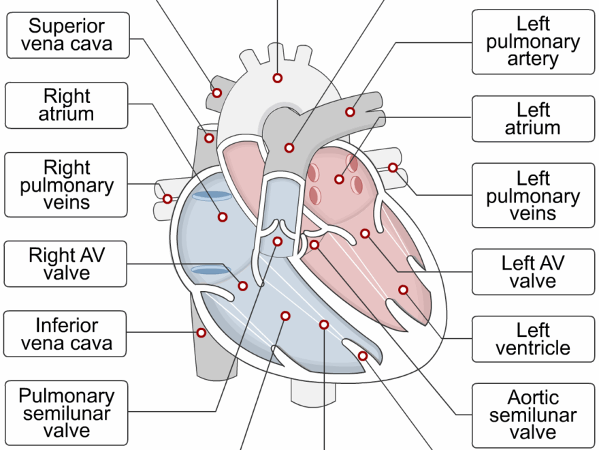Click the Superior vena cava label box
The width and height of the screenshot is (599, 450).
click(67, 35)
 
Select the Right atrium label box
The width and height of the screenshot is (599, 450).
click(67, 105)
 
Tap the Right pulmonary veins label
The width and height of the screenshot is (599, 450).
click(67, 185)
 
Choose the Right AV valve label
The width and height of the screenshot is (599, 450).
click(67, 264)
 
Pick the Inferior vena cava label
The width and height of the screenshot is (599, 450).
click(67, 333)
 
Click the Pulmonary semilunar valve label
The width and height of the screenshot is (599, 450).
click(67, 413)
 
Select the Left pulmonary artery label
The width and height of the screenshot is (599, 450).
click(533, 42)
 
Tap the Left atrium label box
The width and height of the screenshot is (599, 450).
click(533, 119)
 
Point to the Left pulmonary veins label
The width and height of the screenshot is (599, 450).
click(533, 196)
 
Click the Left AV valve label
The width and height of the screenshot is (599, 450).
click(533, 271)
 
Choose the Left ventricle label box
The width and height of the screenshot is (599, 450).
click(533, 339)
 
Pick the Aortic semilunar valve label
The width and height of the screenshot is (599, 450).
click(533, 415)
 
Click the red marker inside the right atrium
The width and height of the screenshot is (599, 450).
click(222, 217)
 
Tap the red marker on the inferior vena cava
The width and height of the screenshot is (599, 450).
click(201, 333)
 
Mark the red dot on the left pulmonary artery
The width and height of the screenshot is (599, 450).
click(350, 112)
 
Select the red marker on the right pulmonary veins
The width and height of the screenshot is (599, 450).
click(167, 199)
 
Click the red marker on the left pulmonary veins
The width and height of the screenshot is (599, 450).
click(393, 167)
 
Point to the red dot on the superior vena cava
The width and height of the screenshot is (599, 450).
click(209, 138)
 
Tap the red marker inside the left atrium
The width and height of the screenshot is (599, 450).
click(339, 179)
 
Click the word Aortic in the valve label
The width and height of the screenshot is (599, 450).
click(533, 397)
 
